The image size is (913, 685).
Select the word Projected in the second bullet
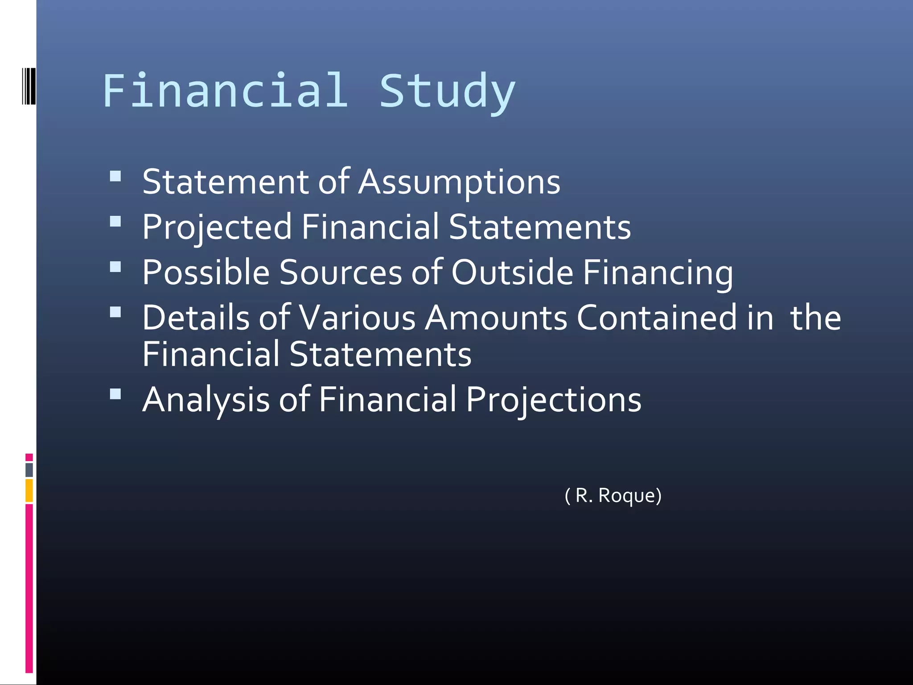[x=217, y=227]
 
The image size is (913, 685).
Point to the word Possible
[x=206, y=272]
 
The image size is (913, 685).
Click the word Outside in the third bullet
[x=512, y=272]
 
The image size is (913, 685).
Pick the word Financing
[x=658, y=272]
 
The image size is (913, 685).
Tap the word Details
[x=196, y=318]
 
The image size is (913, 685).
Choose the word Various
[x=357, y=318]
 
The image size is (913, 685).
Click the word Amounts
[x=496, y=318]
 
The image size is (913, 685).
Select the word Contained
[x=657, y=318]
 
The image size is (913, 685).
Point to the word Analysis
[x=206, y=400]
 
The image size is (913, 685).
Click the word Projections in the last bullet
[x=553, y=400]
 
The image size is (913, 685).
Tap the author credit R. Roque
[x=613, y=495]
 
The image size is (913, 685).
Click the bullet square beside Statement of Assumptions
[x=115, y=176]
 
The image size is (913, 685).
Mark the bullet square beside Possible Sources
[x=115, y=267]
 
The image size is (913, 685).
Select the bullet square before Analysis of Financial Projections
[x=115, y=394]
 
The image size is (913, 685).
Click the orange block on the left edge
[x=29, y=490]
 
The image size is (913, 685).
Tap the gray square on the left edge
[x=29, y=470]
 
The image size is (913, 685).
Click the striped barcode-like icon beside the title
[x=29, y=86]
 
